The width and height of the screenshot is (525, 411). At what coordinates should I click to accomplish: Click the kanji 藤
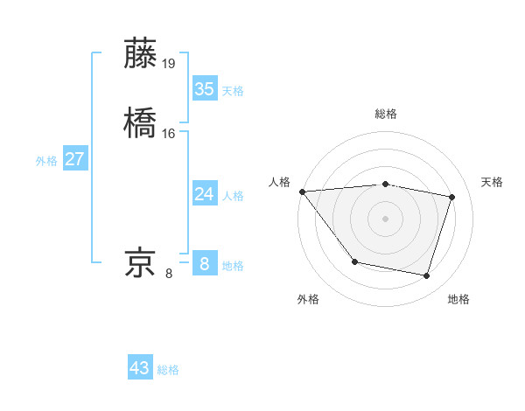pyautogui.click(x=142, y=53)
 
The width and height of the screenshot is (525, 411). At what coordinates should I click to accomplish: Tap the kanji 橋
pyautogui.click(x=142, y=123)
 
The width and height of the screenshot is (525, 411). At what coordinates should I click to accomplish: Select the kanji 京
pyautogui.click(x=142, y=263)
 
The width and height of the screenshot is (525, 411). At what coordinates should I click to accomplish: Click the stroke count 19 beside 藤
pyautogui.click(x=170, y=63)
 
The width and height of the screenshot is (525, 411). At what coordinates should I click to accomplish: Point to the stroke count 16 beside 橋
pyautogui.click(x=169, y=133)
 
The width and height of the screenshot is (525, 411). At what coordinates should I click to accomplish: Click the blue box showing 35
pyautogui.click(x=205, y=89)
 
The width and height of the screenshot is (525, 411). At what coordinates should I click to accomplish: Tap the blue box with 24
pyautogui.click(x=205, y=194)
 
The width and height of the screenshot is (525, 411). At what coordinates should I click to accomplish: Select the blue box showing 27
pyautogui.click(x=75, y=159)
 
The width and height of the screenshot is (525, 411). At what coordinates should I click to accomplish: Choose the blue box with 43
pyautogui.click(x=140, y=368)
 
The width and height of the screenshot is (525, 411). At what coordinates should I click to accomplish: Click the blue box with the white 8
pyautogui.click(x=205, y=264)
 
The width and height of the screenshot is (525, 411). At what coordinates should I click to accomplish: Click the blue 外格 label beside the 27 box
pyautogui.click(x=46, y=161)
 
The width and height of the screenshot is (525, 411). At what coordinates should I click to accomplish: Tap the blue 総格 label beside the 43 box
pyautogui.click(x=168, y=370)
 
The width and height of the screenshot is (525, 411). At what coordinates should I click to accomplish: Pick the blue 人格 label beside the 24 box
pyautogui.click(x=233, y=196)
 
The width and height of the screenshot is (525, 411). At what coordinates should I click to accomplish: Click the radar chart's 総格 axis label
pyautogui.click(x=386, y=115)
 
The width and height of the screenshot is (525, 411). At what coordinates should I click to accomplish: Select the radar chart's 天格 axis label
pyautogui.click(x=493, y=182)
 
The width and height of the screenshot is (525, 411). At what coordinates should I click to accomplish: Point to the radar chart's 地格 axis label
pyautogui.click(x=458, y=299)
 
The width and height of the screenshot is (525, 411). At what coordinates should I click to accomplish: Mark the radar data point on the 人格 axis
pyautogui.click(x=302, y=192)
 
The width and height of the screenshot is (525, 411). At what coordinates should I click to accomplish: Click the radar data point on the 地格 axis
pyautogui.click(x=427, y=276)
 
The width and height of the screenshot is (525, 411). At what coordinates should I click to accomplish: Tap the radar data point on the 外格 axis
pyautogui.click(x=354, y=261)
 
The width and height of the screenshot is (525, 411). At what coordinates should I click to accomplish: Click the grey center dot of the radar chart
pyautogui.click(x=386, y=219)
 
